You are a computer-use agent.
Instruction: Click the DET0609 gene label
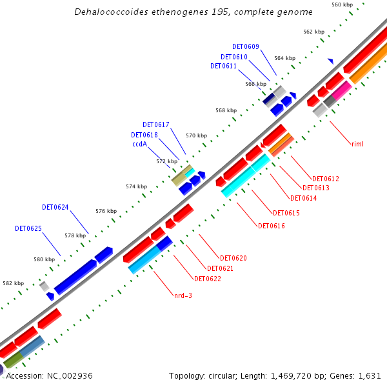[x=246, y=46]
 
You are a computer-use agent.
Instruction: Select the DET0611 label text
[x=224, y=66]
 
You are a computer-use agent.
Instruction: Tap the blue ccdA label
[x=140, y=144]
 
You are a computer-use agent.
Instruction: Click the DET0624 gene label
[x=55, y=207]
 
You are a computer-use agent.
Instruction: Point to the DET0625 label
[x=28, y=228]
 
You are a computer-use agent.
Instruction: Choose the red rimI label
[x=357, y=144]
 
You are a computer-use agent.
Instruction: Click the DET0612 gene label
[x=326, y=179]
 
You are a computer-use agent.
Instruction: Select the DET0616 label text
[x=272, y=226]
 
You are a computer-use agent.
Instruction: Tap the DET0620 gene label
[x=233, y=258]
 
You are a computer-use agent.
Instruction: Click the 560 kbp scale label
[x=342, y=5]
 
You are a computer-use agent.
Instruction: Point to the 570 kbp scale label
[x=197, y=135]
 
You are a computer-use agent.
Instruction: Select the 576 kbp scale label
[x=106, y=211]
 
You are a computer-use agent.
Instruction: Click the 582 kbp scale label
[x=13, y=283]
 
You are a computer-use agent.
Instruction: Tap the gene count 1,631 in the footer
[x=370, y=375]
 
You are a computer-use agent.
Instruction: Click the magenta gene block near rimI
[x=341, y=90]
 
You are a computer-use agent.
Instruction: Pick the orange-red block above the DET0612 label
[x=281, y=144]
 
